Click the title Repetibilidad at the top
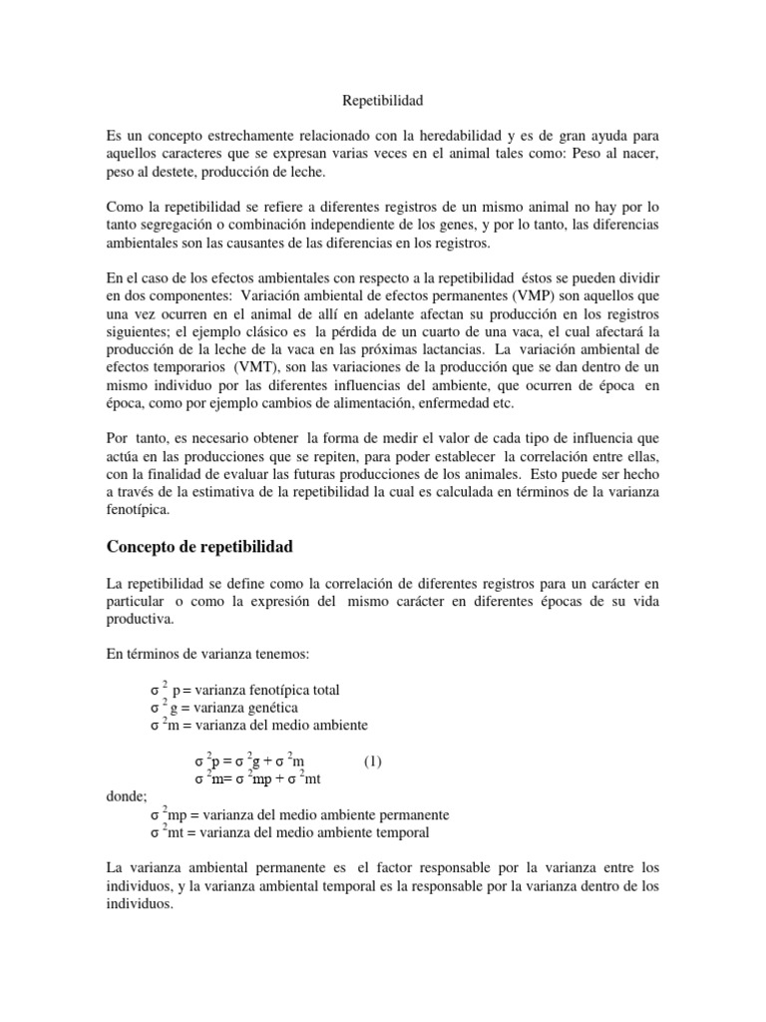coord(384,101)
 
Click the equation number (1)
coord(372,761)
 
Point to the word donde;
coord(126,796)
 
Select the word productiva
coord(139,617)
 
